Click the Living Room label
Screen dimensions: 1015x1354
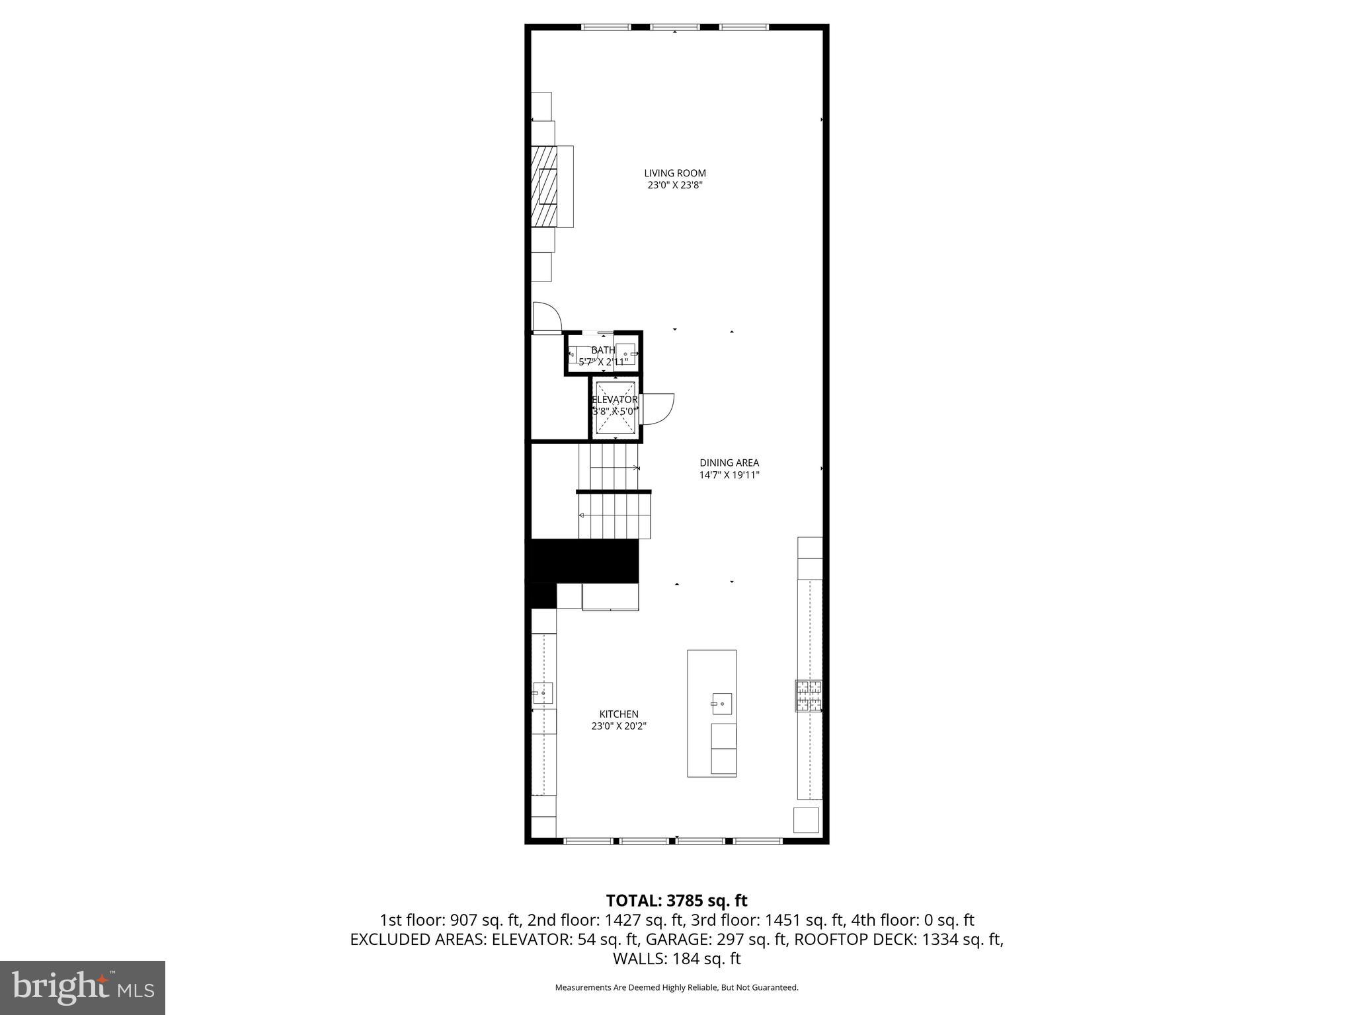[674, 173]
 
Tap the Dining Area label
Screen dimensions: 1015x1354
[729, 463]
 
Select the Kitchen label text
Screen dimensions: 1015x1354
[618, 714]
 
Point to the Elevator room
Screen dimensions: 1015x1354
[615, 408]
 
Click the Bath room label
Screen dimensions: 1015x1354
[602, 350]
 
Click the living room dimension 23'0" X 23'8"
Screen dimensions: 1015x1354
[674, 185]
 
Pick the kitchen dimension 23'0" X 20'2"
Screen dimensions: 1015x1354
[618, 726]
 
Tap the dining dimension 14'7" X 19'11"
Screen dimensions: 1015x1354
[729, 474]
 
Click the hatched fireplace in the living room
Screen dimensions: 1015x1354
[546, 186]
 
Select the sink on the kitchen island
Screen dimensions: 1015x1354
[721, 704]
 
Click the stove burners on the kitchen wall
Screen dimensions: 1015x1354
[809, 696]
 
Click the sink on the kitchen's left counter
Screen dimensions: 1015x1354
[543, 693]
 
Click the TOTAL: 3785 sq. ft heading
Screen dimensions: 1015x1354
[676, 900]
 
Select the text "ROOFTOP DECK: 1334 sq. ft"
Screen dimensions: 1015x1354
[898, 939]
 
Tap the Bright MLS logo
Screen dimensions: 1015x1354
[83, 987]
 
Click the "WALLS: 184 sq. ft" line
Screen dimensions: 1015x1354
[676, 959]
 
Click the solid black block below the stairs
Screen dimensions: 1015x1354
[582, 560]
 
